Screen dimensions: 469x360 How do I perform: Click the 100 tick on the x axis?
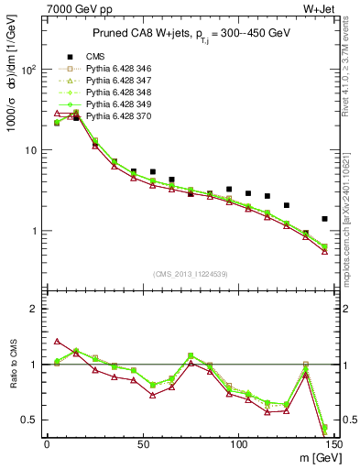pyautogui.click(x=239, y=444)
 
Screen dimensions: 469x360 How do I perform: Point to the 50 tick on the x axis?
pyautogui.click(x=143, y=444)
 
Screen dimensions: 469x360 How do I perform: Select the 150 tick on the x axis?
pyautogui.click(x=334, y=444)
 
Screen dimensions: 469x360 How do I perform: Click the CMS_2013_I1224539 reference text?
pyautogui.click(x=191, y=273)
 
